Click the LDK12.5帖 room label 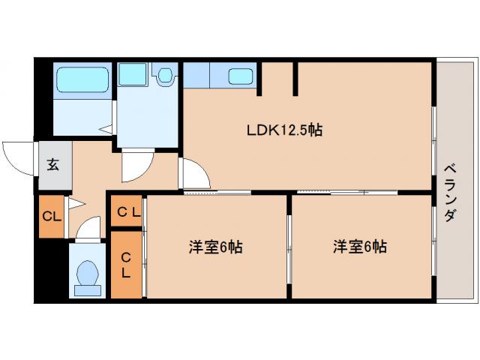click(285, 130)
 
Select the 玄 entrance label click(53, 165)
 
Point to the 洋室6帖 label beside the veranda click(360, 247)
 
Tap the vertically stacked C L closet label click(126, 265)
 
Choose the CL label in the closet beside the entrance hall click(51, 217)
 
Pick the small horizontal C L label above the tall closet click(127, 212)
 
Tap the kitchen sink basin click(240, 76)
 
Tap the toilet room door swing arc click(88, 228)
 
